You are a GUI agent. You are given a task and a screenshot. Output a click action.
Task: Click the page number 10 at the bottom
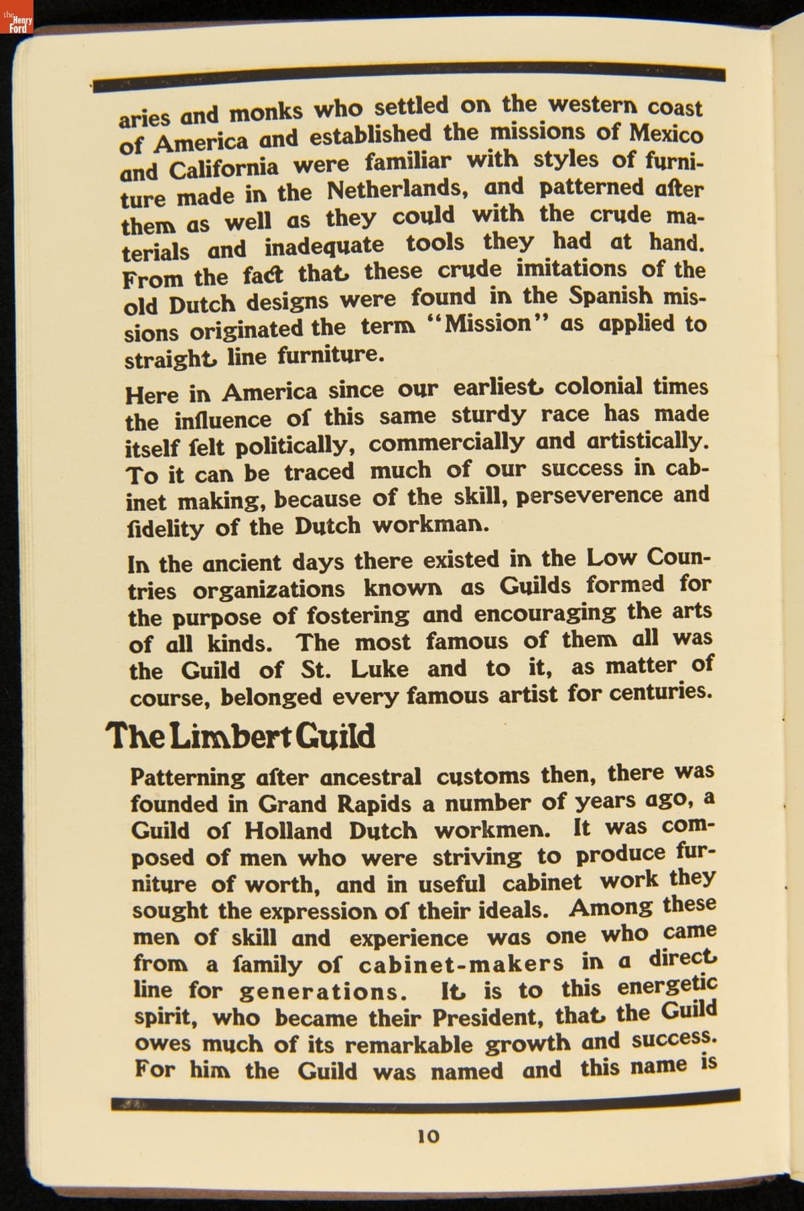(428, 1136)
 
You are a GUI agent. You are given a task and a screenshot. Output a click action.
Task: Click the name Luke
(379, 669)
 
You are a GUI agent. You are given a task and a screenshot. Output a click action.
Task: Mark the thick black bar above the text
(409, 76)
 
